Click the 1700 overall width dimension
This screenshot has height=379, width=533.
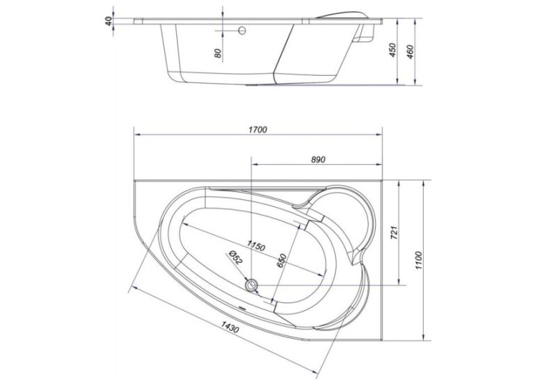click(x=258, y=129)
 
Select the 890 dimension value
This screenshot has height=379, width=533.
click(x=318, y=160)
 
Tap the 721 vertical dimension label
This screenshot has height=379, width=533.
click(x=394, y=232)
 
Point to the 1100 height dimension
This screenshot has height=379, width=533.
click(x=418, y=261)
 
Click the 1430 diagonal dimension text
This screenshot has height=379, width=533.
click(x=230, y=327)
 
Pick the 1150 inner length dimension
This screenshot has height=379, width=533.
click(x=256, y=245)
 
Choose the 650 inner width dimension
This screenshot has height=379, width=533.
click(x=282, y=261)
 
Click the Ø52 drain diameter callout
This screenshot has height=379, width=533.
click(x=236, y=257)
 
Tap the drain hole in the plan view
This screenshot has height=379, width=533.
click(x=252, y=284)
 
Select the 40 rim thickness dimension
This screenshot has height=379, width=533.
click(x=109, y=22)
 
